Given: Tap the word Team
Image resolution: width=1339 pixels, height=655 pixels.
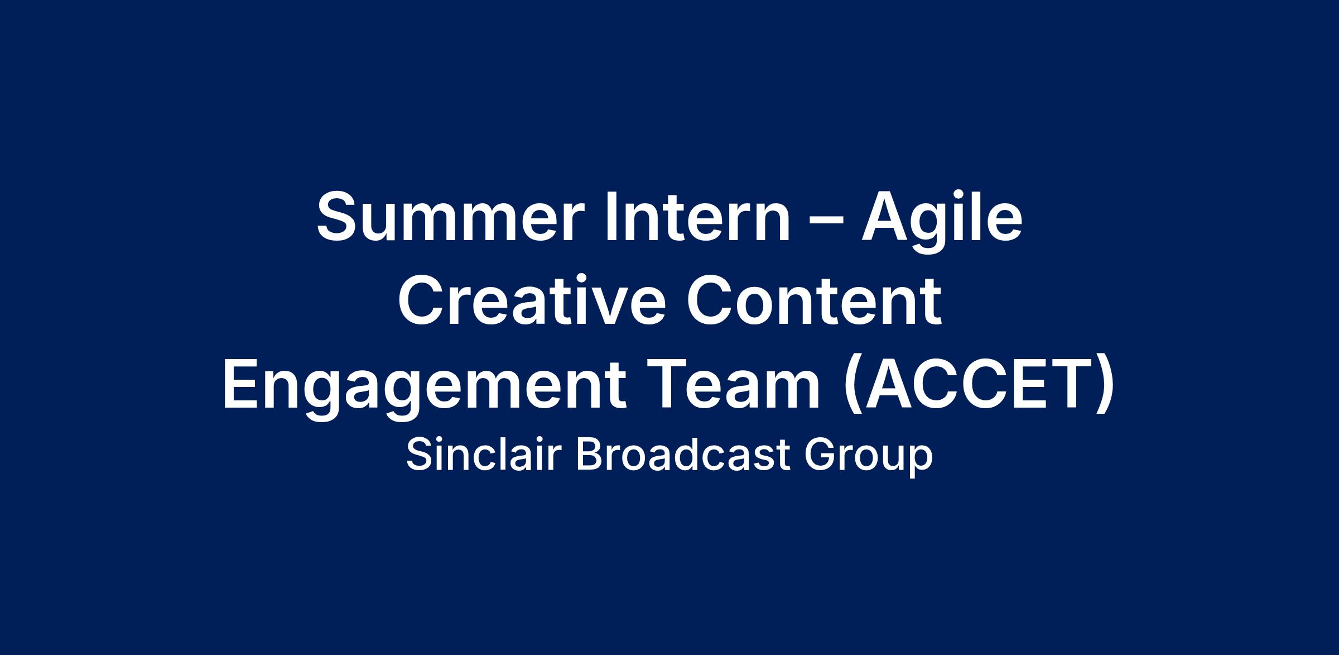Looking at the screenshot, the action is [734, 385].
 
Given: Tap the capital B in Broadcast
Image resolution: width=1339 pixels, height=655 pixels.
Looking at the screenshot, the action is [590, 455].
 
